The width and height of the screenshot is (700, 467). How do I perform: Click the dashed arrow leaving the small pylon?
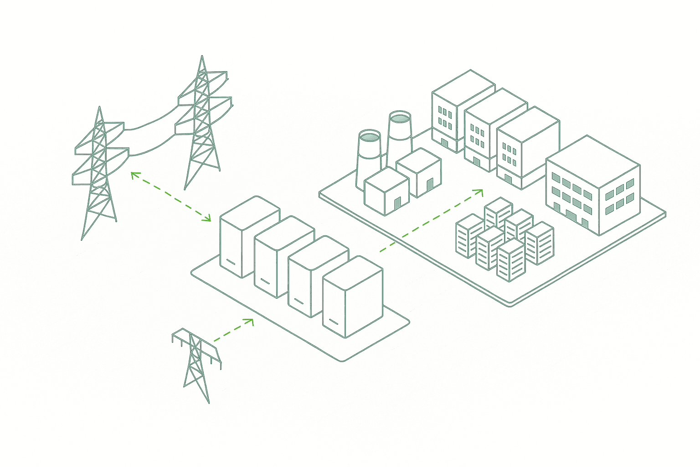click(x=232, y=330)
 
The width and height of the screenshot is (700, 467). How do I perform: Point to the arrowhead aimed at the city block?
click(x=479, y=192)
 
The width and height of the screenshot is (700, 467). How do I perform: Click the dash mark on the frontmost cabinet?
click(x=334, y=322)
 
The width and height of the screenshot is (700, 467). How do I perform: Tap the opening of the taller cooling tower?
click(x=400, y=118)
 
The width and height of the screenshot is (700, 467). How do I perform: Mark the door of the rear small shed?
click(x=430, y=184)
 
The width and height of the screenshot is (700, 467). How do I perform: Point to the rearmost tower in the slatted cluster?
click(x=499, y=212)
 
